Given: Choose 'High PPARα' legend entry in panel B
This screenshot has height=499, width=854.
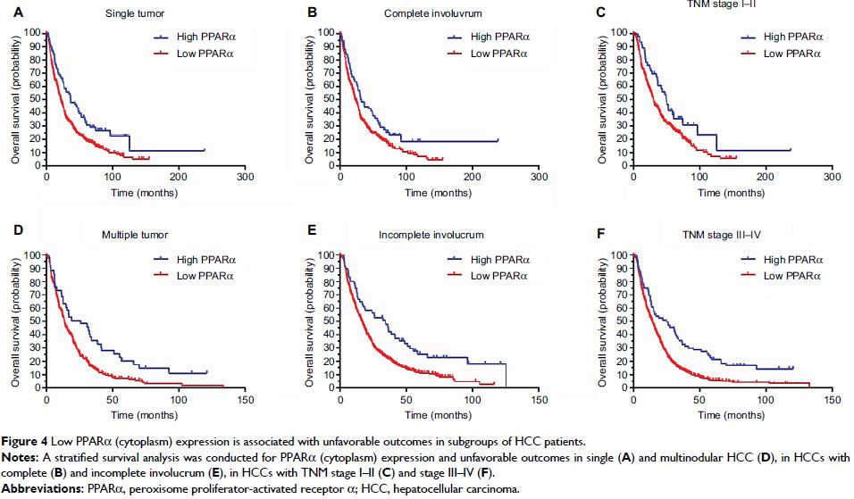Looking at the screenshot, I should coord(501,37).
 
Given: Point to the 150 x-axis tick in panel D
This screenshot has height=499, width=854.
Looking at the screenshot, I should coord(245,401).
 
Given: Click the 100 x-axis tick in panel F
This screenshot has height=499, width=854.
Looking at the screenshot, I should coord(765,401).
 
